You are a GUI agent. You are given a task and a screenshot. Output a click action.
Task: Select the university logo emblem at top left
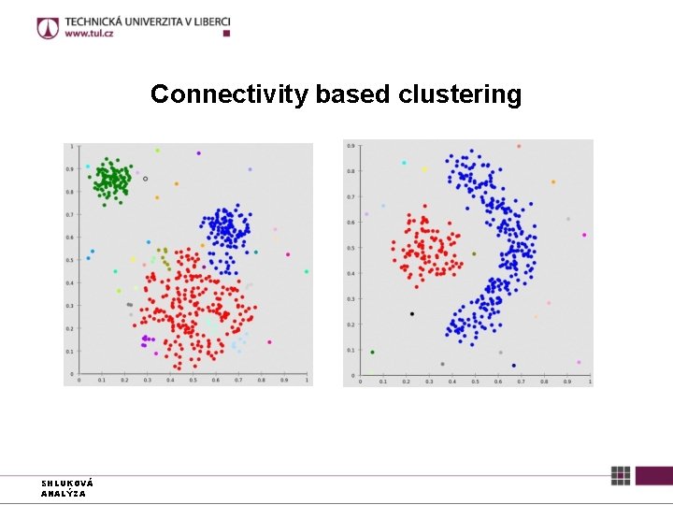[x=48, y=27]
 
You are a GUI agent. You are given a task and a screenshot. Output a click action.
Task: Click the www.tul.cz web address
[x=91, y=35]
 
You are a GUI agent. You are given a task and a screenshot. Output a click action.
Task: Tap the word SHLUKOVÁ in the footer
[x=66, y=483]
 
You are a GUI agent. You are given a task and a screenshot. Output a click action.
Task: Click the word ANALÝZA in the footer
[x=64, y=493]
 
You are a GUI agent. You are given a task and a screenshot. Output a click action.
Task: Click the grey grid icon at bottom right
[x=621, y=475]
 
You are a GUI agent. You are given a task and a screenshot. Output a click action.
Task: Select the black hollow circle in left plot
[x=145, y=178]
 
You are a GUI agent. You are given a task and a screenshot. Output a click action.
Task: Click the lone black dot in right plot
[x=411, y=313]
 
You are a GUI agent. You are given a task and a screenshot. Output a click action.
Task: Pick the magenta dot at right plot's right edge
[x=584, y=235]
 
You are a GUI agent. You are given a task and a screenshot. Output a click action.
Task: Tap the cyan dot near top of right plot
[x=404, y=163]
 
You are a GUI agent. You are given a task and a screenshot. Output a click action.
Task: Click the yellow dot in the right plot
[x=424, y=169]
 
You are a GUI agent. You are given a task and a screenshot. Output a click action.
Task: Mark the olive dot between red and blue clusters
[x=474, y=253]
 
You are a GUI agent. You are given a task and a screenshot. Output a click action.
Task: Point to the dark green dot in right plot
[x=372, y=353]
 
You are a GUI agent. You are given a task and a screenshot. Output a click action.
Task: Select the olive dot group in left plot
[x=164, y=258]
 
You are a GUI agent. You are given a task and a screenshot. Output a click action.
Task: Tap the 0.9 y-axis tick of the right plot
[x=350, y=145]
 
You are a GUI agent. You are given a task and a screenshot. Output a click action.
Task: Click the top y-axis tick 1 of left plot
[x=72, y=147]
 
